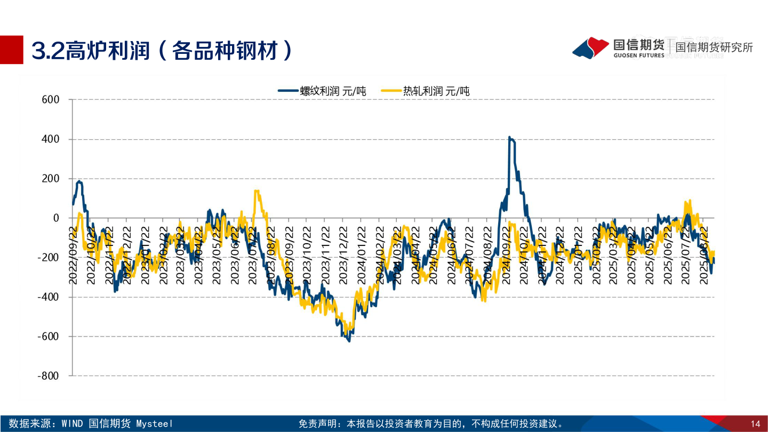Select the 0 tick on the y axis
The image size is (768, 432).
(x=55, y=218)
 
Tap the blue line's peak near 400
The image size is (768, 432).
(x=509, y=138)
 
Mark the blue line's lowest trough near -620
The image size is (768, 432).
(x=349, y=340)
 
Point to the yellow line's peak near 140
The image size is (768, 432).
(x=257, y=191)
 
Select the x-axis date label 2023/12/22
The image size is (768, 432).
(x=343, y=255)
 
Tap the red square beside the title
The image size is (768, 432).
(x=12, y=50)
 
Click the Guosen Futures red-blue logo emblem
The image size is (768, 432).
(x=591, y=47)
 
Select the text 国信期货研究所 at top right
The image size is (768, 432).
(x=714, y=47)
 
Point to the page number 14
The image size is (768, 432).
(x=755, y=424)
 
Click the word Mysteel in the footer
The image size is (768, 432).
(x=155, y=424)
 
